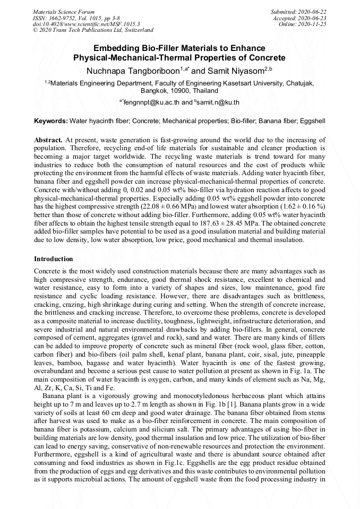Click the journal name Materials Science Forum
tap(64, 12)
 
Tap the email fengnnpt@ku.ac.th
tap(153, 102)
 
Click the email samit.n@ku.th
tap(218, 102)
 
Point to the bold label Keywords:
tap(51, 122)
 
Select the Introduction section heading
tap(54, 259)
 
